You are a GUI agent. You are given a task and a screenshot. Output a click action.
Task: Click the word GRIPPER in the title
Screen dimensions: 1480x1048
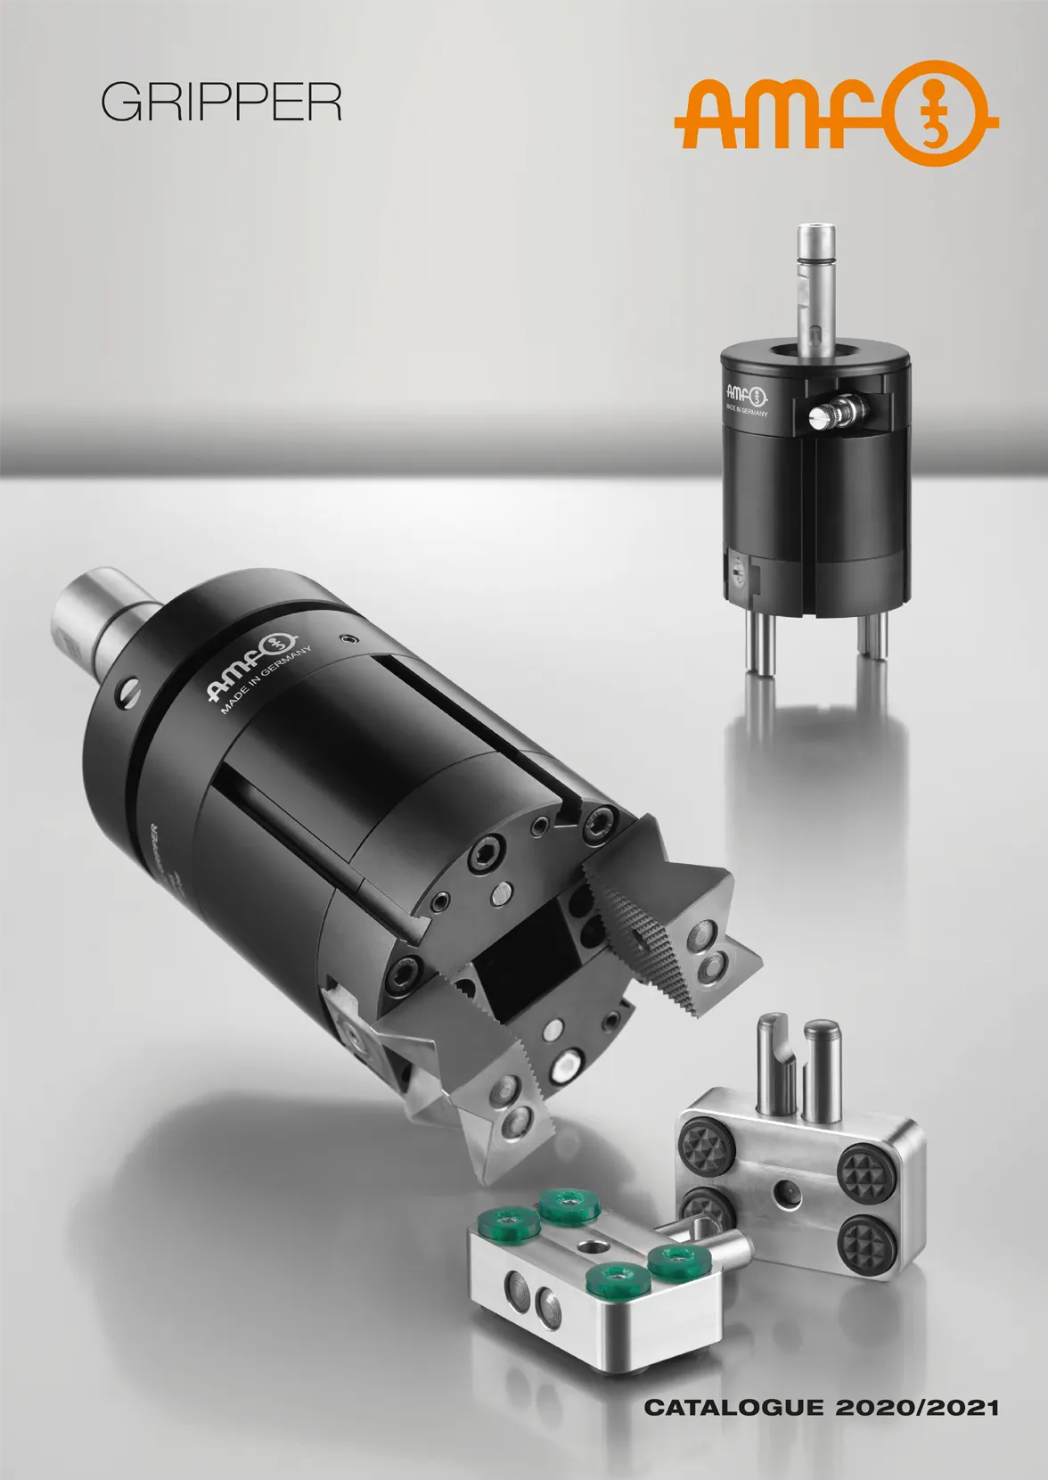tap(221, 104)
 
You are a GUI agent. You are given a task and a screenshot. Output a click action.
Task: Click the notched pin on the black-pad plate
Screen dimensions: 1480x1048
tap(773, 1061)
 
